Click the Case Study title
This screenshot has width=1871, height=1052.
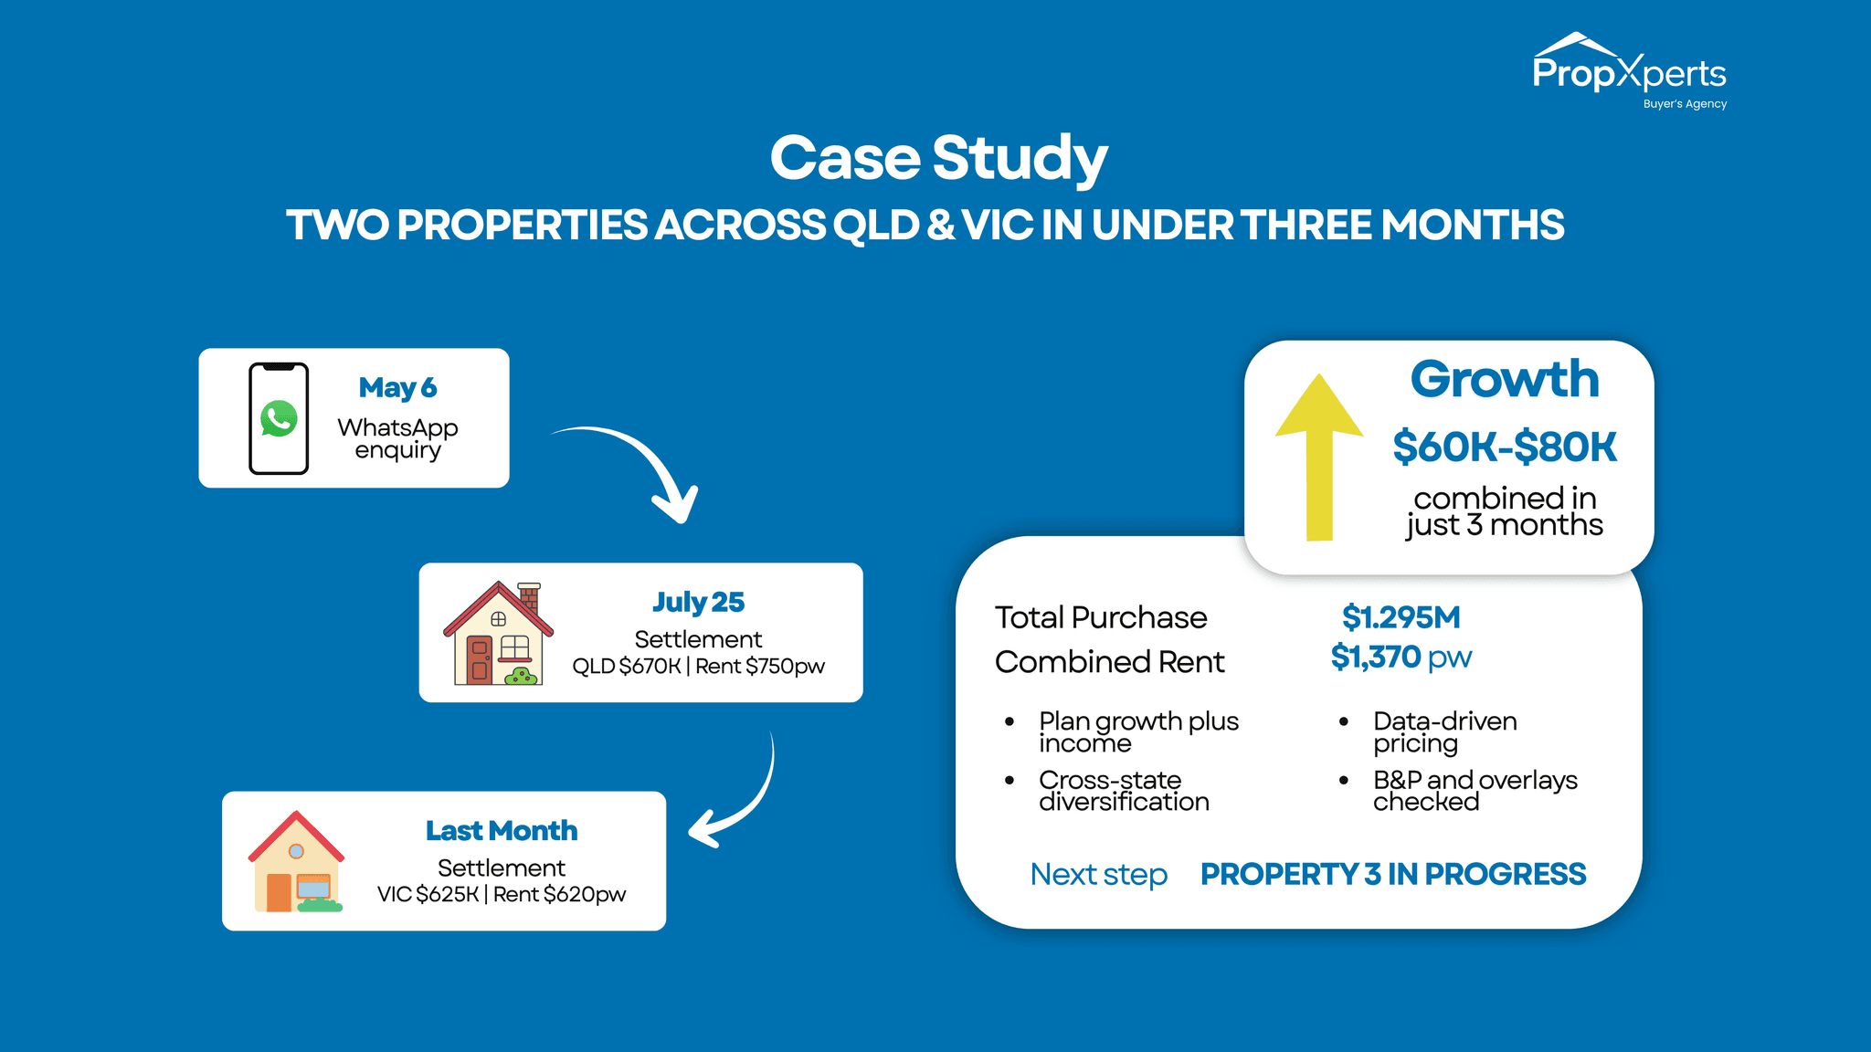[x=938, y=158]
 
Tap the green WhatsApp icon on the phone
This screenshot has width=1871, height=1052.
[x=279, y=419]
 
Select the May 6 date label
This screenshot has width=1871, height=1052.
[x=397, y=387]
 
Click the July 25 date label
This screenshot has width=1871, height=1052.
[x=698, y=602]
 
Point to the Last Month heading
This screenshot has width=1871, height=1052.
[x=501, y=830]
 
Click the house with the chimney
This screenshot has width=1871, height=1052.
[x=499, y=634]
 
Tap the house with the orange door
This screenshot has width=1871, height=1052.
[x=296, y=862]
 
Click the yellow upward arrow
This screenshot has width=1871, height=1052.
[x=1319, y=457]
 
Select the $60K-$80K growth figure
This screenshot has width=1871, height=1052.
[x=1504, y=447]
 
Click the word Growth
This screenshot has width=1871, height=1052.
[x=1504, y=379]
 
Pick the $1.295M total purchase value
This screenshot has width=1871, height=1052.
[x=1401, y=617]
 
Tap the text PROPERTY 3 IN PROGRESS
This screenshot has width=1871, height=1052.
[x=1392, y=874]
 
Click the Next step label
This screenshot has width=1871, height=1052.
[x=1098, y=874]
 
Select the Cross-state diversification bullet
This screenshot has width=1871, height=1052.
[x=1123, y=791]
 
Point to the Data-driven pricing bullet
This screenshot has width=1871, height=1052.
[x=1443, y=731]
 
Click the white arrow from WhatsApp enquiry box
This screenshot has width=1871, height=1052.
[x=640, y=466]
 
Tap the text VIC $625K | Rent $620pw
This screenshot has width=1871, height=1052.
[x=501, y=894]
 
